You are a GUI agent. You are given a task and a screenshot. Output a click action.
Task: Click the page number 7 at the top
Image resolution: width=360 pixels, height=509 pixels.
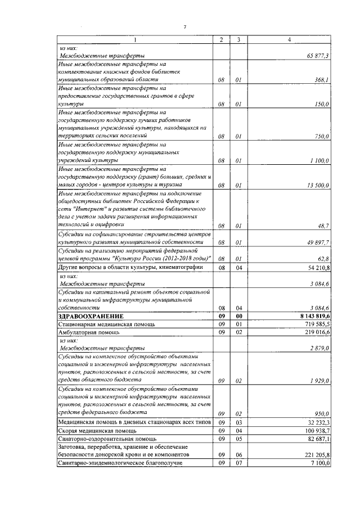(184, 28)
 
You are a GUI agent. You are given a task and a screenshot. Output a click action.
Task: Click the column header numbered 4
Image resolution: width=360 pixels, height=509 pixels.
(289, 40)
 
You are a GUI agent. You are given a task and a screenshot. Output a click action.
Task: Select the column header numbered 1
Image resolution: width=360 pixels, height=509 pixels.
(135, 40)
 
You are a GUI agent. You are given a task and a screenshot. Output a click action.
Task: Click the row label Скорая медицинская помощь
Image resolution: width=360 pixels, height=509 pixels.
(94, 430)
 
